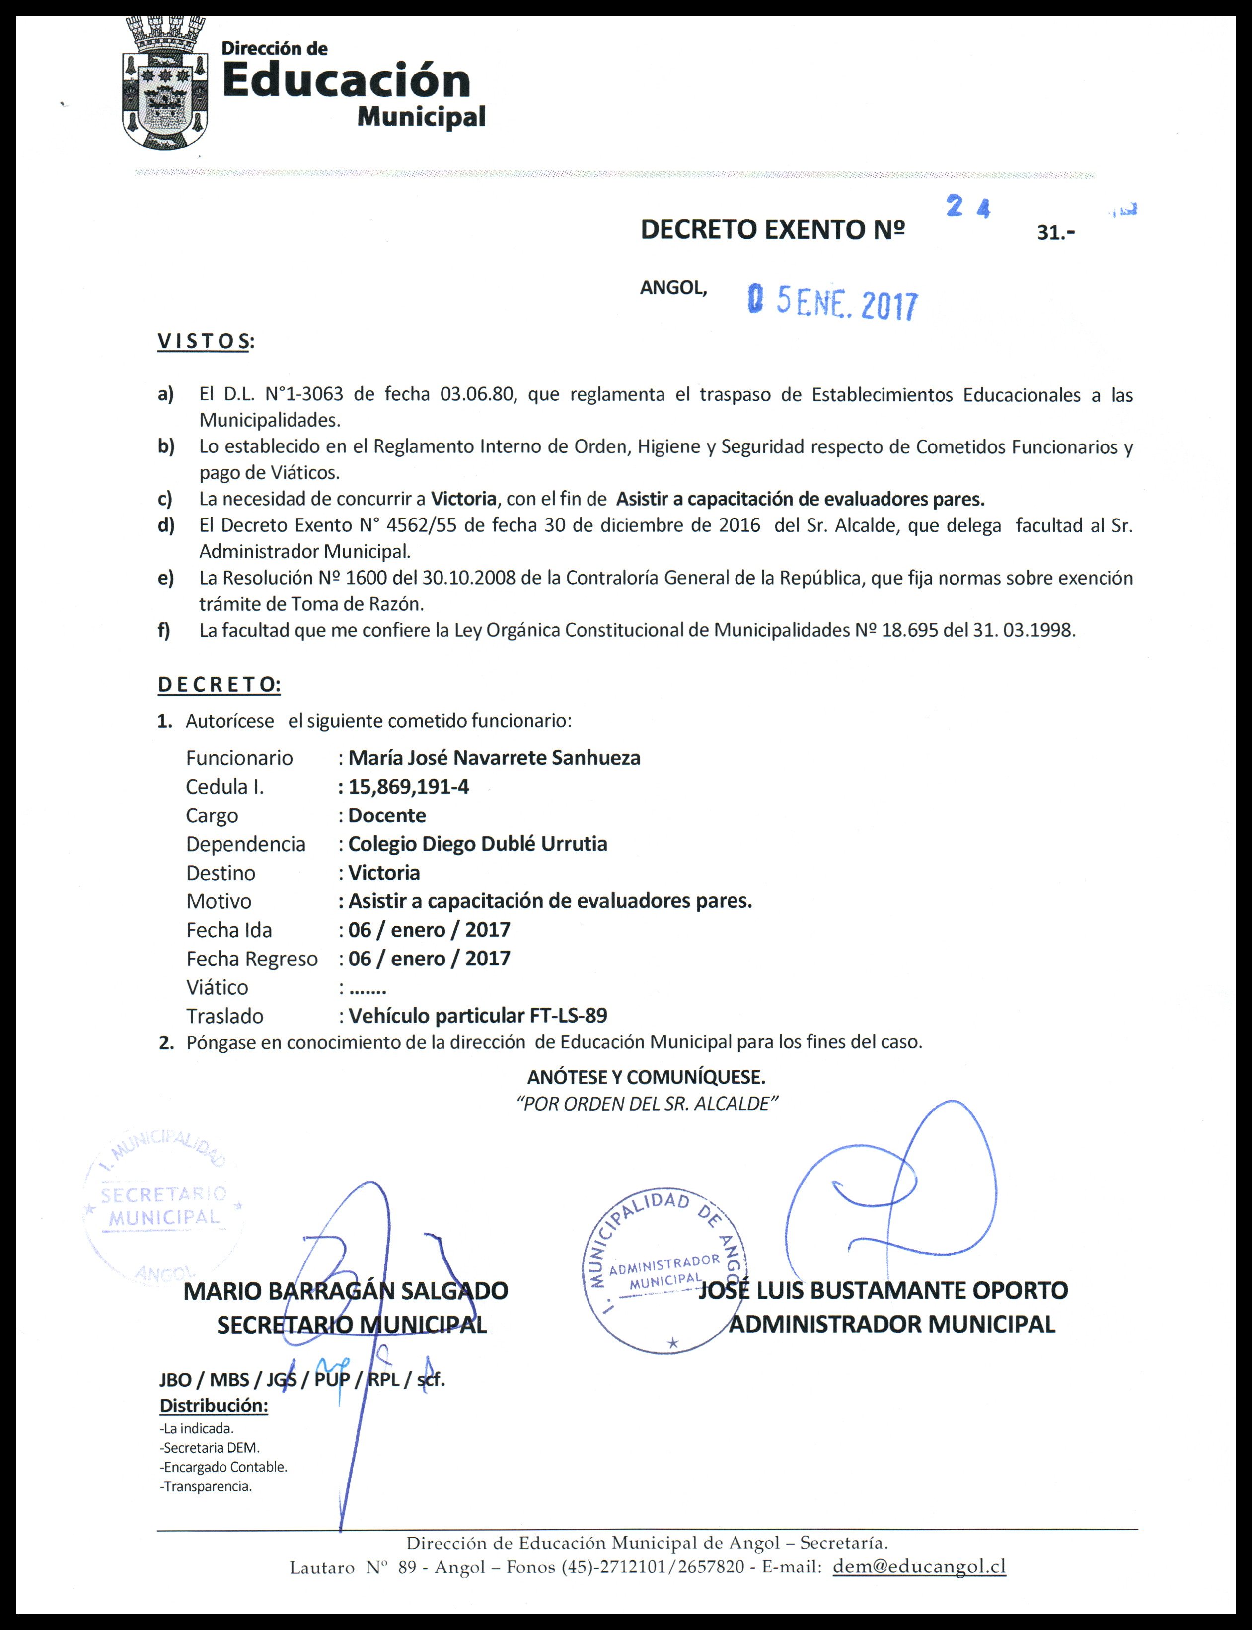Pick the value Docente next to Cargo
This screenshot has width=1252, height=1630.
point(387,815)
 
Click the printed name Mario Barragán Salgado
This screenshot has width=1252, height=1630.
point(345,1291)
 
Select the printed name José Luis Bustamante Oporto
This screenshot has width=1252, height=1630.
point(883,1290)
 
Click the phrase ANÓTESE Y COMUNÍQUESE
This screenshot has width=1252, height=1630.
point(646,1076)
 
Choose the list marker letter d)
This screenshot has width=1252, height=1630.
point(165,525)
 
